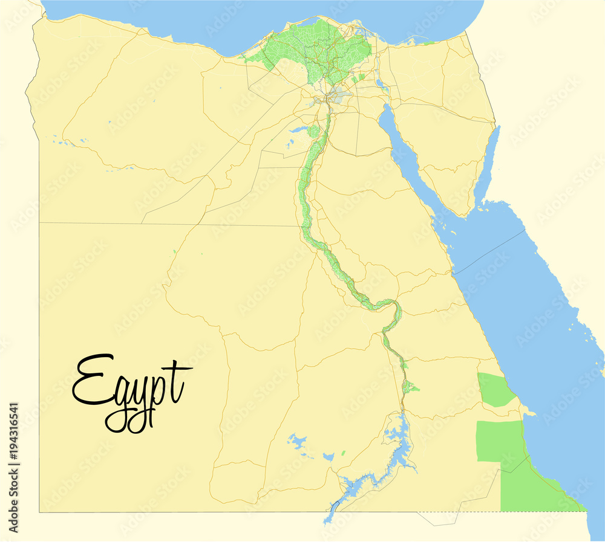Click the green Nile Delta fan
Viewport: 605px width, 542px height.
[x=315, y=51]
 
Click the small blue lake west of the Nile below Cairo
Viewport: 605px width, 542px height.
[x=299, y=129]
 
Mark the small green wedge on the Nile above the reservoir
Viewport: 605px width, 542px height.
[x=411, y=387]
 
